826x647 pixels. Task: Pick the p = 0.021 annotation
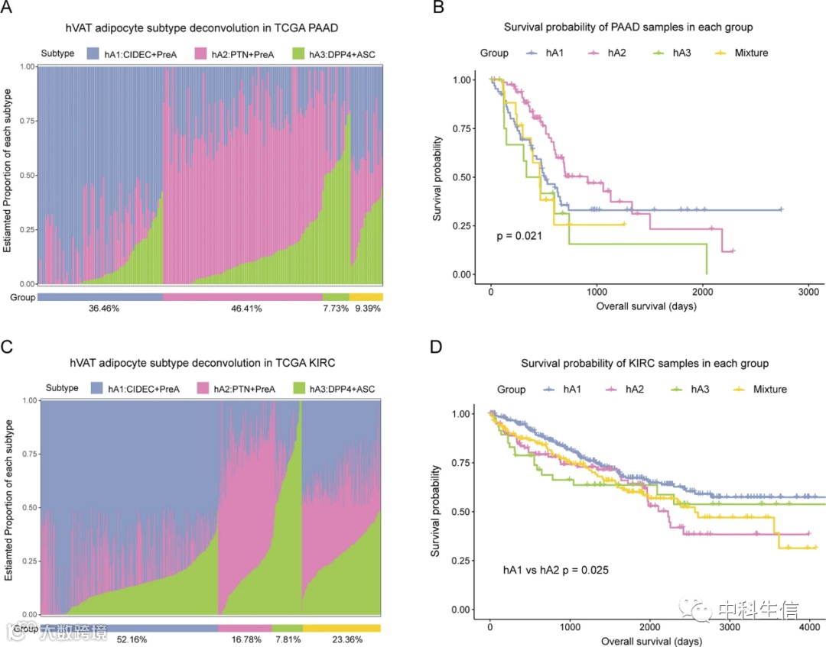click(x=520, y=235)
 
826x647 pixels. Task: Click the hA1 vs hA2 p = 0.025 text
click(x=554, y=570)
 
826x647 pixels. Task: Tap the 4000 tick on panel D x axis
click(x=809, y=627)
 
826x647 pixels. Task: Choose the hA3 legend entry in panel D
click(x=693, y=389)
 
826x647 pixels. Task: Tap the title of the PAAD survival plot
click(x=628, y=27)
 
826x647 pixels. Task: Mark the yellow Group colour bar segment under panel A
click(x=366, y=296)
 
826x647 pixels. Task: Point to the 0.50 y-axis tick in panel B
click(x=465, y=177)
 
